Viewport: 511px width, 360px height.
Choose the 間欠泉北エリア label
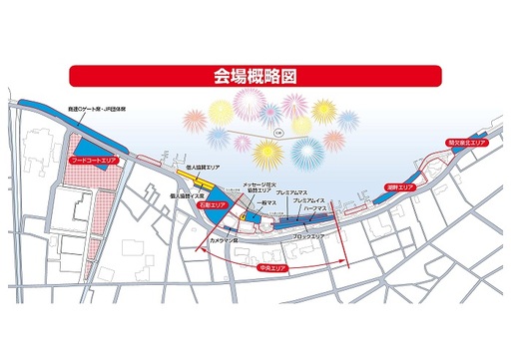(x=463, y=145)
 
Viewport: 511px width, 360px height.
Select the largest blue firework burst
(x=306, y=153)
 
